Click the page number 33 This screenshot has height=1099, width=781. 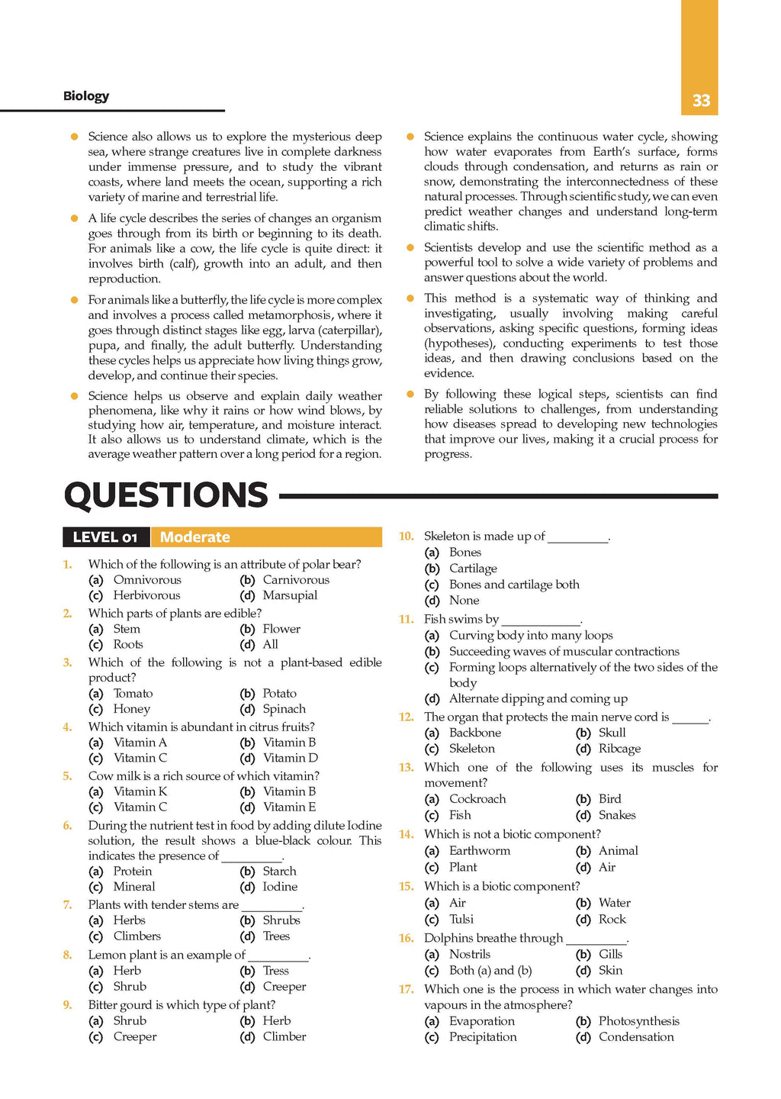[x=701, y=101]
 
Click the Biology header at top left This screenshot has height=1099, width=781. [x=86, y=96]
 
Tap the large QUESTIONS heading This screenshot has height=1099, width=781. [x=166, y=495]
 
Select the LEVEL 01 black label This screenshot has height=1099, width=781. [x=105, y=537]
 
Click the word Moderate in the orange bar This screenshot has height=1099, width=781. [x=194, y=537]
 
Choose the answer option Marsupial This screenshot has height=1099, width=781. [x=290, y=595]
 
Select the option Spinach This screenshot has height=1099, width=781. [x=284, y=709]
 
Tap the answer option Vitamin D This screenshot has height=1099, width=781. [x=290, y=758]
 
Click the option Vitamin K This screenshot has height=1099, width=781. [x=140, y=791]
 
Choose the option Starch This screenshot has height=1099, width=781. [x=279, y=871]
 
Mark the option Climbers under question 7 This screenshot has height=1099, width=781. [x=137, y=936]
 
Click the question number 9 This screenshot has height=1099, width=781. [x=68, y=1005]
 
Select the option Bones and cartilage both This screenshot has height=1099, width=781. [x=514, y=585]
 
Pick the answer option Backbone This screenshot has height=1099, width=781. [x=474, y=733]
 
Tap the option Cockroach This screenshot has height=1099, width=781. [x=477, y=799]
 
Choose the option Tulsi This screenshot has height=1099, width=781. [x=461, y=920]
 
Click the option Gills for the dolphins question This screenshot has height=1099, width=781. [x=610, y=954]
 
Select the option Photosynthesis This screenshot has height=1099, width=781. [x=638, y=1021]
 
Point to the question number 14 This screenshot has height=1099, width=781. [x=406, y=834]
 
